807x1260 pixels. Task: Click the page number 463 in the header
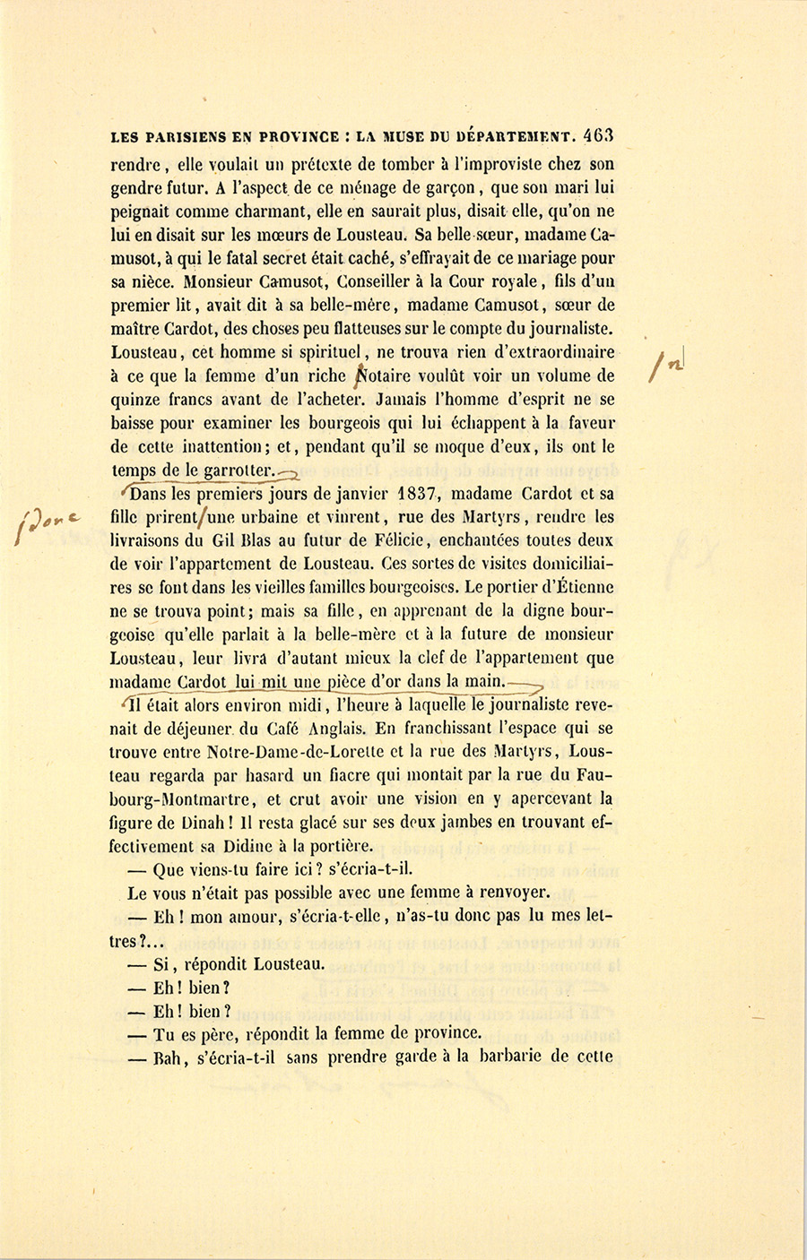597,137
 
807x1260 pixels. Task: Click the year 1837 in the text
419,493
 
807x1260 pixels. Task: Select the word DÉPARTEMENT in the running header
516,138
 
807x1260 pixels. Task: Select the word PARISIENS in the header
191,138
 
